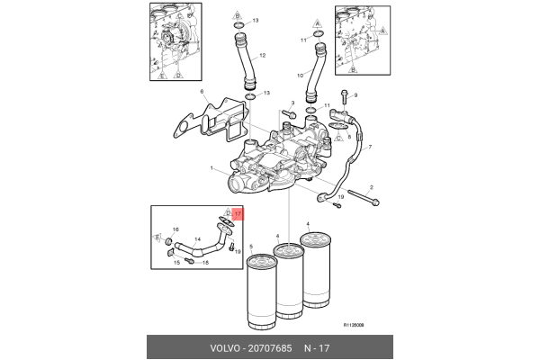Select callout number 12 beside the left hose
[x=263, y=56]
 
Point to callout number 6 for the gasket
[x=202, y=92]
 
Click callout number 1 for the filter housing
[x=211, y=168]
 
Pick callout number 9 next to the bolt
[x=355, y=95]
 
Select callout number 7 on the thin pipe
[x=369, y=146]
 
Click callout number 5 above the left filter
[x=251, y=247]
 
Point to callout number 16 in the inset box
[x=175, y=231]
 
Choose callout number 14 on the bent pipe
[x=199, y=239]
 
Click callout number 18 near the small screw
[x=206, y=262]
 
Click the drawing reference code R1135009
[x=359, y=327]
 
